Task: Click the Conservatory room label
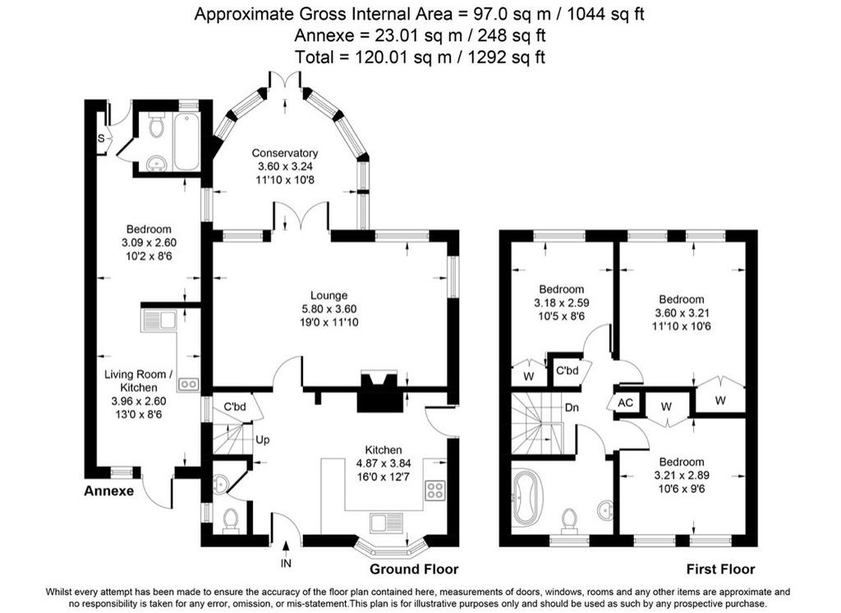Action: tap(285, 153)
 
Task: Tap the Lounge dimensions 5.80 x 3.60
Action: tap(329, 309)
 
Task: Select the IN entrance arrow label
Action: tap(286, 563)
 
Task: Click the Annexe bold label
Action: tap(109, 491)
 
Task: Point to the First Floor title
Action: tap(720, 569)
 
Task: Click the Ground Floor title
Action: tap(414, 569)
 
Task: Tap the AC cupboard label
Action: tap(625, 403)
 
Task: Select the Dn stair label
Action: tap(572, 408)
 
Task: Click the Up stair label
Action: tap(262, 440)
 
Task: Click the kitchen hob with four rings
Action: tap(435, 490)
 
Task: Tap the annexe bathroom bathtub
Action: tap(186, 141)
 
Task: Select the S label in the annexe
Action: tap(101, 139)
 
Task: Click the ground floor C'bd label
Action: tap(234, 407)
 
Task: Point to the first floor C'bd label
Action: tap(567, 371)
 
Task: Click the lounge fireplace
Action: tap(379, 391)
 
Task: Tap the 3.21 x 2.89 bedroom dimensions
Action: tap(682, 475)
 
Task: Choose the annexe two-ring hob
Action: tap(189, 383)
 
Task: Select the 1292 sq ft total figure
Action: tap(506, 57)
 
